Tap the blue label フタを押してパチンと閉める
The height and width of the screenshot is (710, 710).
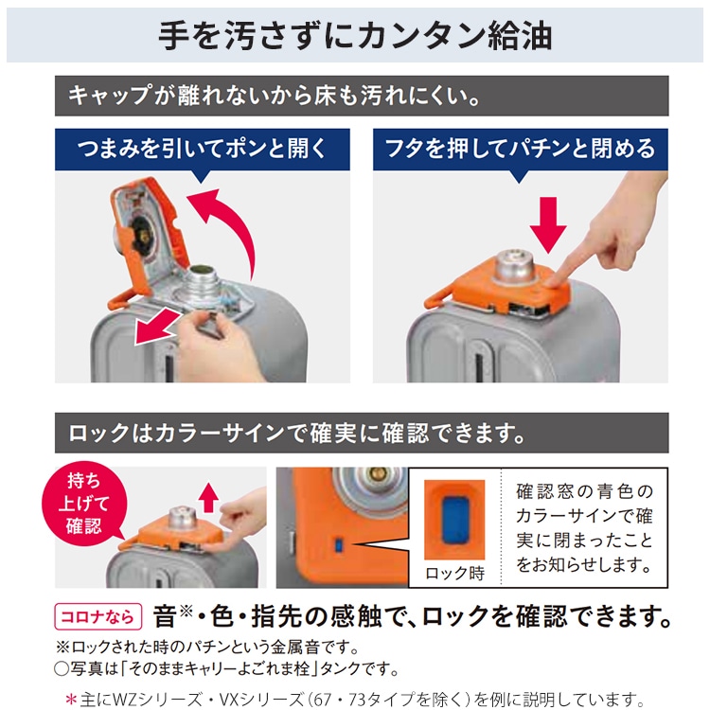520,150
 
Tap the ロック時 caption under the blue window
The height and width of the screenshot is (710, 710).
454,573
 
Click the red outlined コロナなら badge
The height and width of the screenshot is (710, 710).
99,617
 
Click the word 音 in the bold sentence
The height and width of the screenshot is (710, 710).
167,618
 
